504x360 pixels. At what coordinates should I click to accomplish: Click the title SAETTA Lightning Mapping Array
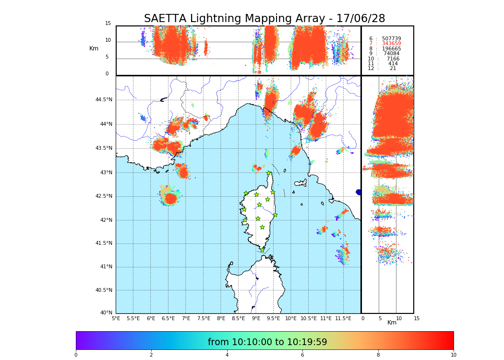pyautogui.click(x=264, y=19)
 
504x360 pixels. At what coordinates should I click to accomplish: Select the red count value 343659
pyautogui.click(x=391, y=44)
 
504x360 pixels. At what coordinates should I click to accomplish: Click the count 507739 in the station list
pyautogui.click(x=391, y=38)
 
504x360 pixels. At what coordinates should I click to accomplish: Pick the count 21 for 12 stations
pyautogui.click(x=393, y=69)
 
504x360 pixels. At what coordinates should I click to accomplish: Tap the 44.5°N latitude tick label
pyautogui.click(x=104, y=100)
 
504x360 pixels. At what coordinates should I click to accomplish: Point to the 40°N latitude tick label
pyautogui.click(x=106, y=313)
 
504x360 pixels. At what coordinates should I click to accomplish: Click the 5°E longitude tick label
pyautogui.click(x=116, y=319)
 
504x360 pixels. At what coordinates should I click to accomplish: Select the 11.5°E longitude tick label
pyautogui.click(x=343, y=319)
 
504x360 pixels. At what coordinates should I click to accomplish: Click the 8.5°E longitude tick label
pyautogui.click(x=239, y=319)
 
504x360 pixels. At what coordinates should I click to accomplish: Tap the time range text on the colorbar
pyautogui.click(x=267, y=342)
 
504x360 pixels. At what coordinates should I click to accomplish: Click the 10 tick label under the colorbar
pyautogui.click(x=453, y=355)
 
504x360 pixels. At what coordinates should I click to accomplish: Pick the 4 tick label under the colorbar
pyautogui.click(x=227, y=355)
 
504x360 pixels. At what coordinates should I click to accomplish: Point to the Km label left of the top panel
pyautogui.click(x=94, y=48)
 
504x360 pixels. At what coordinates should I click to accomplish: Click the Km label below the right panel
pyautogui.click(x=392, y=323)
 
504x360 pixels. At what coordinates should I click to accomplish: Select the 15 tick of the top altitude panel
pyautogui.click(x=108, y=24)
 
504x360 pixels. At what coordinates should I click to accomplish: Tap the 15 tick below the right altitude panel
pyautogui.click(x=417, y=319)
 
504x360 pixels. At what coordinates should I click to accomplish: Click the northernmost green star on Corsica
pyautogui.click(x=269, y=173)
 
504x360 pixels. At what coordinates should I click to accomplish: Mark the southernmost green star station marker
pyautogui.click(x=262, y=250)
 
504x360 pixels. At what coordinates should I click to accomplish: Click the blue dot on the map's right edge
pyautogui.click(x=359, y=192)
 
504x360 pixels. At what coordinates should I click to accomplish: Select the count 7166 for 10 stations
pyautogui.click(x=393, y=59)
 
